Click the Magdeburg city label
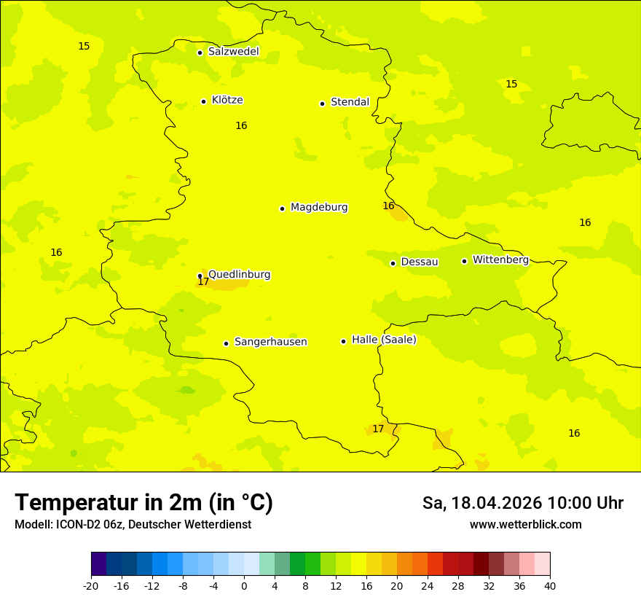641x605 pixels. pos(319,208)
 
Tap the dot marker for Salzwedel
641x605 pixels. pos(200,52)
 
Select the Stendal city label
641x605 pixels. pos(350,102)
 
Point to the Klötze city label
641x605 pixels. pos(227,100)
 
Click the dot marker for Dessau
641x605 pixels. pos(393,263)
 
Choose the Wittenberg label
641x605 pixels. pos(500,259)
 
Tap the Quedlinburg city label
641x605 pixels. pos(239,275)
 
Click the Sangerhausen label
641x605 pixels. pos(270,342)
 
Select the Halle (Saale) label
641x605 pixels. pos(384,340)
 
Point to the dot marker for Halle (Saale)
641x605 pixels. pos(343,341)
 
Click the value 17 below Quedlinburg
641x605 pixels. pos(203,282)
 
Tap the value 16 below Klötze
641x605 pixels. pos(241,126)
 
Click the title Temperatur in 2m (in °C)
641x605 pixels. pos(143,503)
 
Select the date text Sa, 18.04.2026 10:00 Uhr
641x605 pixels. pos(522,503)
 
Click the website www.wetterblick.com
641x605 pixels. pos(525,525)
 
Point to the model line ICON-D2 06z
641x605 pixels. pos(133,525)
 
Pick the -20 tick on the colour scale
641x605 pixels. pos(91,585)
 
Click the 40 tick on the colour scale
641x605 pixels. pos(549,585)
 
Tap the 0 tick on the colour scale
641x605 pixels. pos(244,585)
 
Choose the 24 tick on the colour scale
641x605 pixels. pos(428,585)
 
